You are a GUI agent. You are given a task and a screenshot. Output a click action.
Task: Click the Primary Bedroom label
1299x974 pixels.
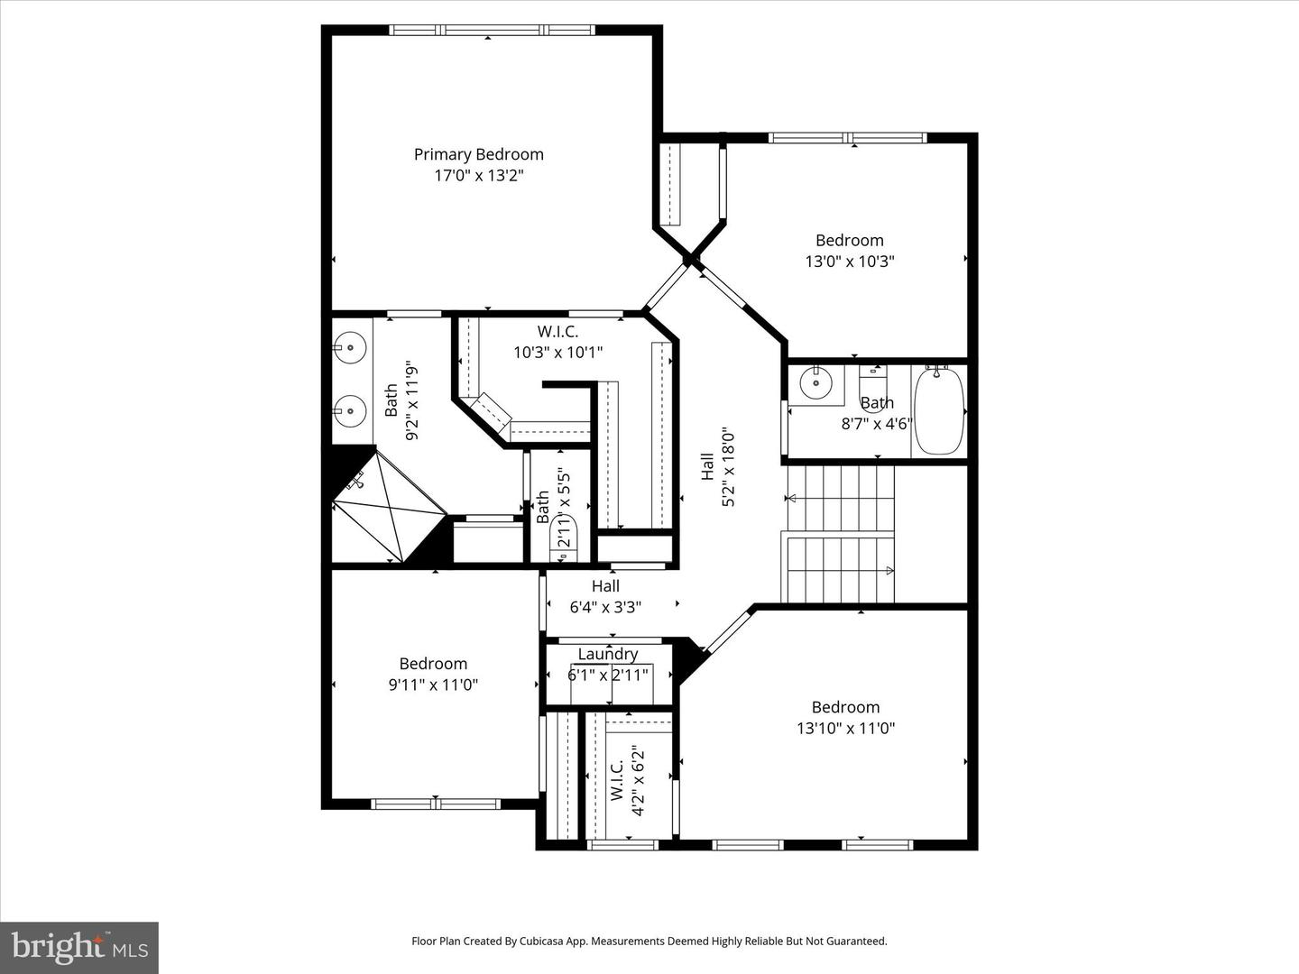point(478,154)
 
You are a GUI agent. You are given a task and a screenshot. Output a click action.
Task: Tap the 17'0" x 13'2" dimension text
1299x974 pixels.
point(479,176)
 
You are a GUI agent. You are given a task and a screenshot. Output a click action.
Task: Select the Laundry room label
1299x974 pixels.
point(608,654)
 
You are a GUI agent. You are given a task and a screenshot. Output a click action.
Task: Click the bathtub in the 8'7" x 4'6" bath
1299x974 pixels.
point(939,410)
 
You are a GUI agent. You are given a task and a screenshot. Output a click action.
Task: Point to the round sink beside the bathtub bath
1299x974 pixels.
point(816,382)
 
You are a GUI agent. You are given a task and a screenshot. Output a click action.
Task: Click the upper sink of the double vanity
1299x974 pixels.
point(349,348)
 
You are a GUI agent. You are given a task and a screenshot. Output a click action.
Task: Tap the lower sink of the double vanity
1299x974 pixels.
point(349,410)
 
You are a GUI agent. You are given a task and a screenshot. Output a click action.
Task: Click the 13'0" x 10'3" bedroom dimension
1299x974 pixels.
point(849,262)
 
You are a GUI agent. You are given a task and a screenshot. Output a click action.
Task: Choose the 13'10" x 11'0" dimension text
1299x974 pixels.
point(845,728)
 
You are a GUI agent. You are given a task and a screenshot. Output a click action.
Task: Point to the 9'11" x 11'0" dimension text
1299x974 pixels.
point(433,685)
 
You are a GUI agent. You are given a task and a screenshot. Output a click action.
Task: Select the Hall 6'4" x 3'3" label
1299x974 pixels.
point(605,597)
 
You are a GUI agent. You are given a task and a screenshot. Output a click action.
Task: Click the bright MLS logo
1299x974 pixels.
point(79,948)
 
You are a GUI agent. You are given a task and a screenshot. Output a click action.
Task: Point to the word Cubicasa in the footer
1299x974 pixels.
point(542,941)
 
